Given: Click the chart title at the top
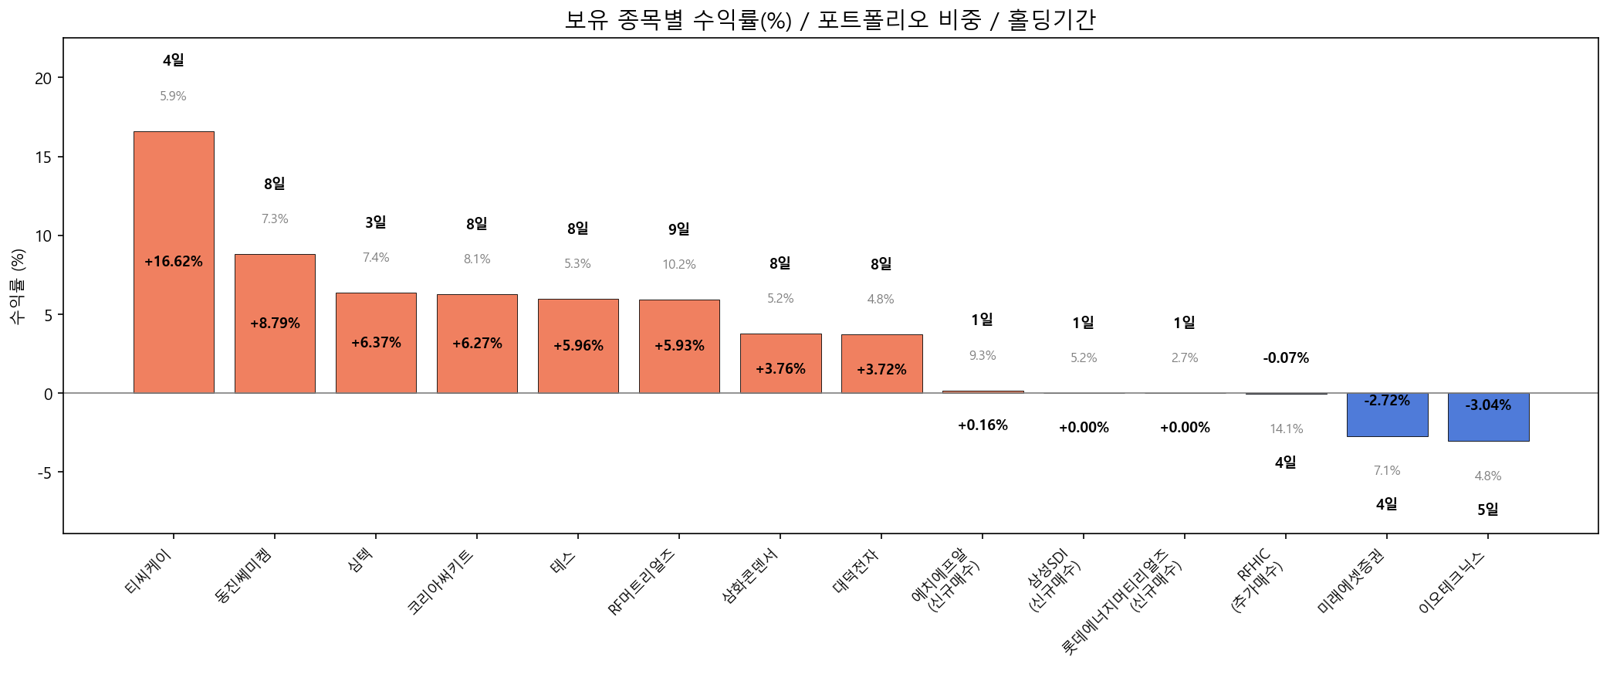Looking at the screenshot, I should pos(830,19).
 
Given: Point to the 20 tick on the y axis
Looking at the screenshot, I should pos(43,79).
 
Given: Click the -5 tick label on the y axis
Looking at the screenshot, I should pos(43,473).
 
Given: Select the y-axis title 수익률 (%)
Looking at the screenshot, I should pos(18,286).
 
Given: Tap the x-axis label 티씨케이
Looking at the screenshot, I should pos(149,572).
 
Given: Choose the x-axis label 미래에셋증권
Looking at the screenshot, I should pos(1351,581).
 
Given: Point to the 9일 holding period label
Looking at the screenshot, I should pos(679,229).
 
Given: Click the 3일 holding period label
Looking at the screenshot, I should pos(376,222).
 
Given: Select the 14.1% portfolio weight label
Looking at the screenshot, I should pos(1287,429).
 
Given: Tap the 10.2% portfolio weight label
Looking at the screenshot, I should pos(679,265).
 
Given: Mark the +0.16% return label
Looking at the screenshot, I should pos(983,425).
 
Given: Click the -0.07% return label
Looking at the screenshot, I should pos(1286,358).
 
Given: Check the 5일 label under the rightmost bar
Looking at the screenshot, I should pos(1488,510).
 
